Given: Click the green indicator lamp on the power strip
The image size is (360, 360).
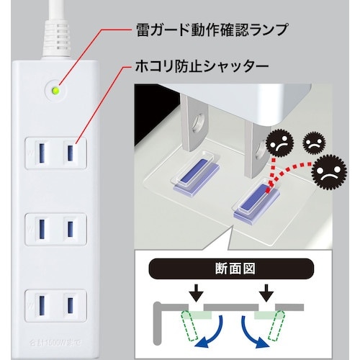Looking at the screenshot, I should [56, 91].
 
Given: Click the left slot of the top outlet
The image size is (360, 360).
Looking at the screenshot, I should [40, 153].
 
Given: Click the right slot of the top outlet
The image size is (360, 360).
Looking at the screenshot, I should [71, 153].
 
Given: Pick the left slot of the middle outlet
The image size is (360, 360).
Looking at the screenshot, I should [40, 229].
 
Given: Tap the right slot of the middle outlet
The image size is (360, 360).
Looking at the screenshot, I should [71, 229].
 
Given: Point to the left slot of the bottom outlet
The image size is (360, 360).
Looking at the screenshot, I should [40, 305].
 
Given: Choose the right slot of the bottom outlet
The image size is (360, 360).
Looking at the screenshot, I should [71, 305].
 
